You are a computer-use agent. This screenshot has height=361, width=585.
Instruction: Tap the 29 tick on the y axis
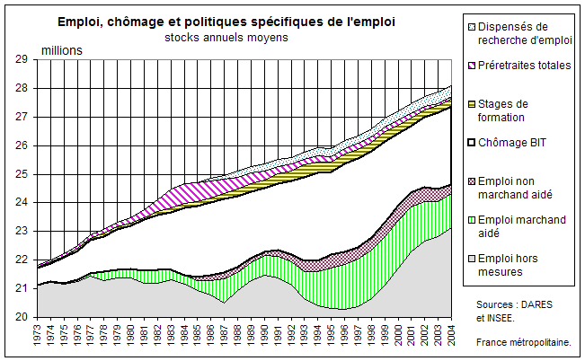(x=22, y=59)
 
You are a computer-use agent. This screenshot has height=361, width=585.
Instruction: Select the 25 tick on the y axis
(x=22, y=174)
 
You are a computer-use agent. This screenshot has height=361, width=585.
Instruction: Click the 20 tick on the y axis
(x=22, y=317)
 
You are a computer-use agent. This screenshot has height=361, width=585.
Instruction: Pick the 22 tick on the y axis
(x=22, y=260)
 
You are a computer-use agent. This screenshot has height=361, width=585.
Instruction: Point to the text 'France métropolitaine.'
(x=529, y=342)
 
